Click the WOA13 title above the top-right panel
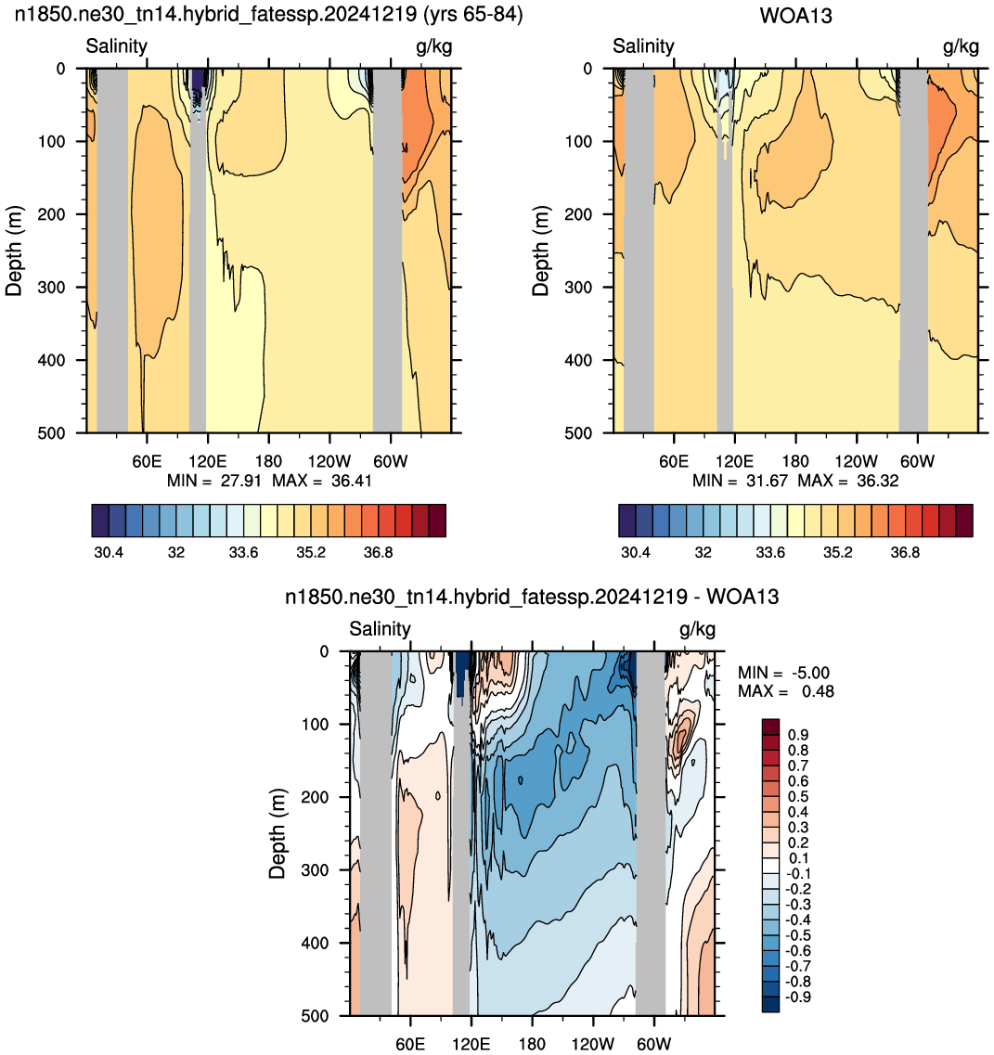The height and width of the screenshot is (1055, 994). coord(795,16)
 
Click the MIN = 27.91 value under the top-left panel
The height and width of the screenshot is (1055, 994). coord(214,481)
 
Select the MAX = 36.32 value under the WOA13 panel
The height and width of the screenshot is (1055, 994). coord(848,481)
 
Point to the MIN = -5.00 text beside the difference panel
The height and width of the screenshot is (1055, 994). coord(783,673)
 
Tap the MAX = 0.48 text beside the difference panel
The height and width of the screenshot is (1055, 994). coord(786,691)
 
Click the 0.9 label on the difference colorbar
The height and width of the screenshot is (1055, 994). coord(798,735)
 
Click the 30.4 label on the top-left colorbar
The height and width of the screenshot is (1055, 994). coord(109,553)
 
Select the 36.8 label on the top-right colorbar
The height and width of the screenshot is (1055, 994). coord(905,553)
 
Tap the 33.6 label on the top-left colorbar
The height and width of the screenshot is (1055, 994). coord(243,553)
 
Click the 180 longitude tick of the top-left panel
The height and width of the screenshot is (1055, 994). coord(268,461)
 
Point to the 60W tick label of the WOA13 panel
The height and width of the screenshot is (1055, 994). coord(917,461)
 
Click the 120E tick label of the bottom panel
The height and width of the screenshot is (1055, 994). coord(471,1044)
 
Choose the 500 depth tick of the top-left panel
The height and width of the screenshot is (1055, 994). coord(52,433)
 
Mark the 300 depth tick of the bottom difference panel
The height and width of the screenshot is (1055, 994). coord(315,870)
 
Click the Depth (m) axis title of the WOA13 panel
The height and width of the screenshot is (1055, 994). coord(540,251)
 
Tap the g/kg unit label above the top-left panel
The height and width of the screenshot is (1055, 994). coord(434,46)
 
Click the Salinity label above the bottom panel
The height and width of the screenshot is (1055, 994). coord(380,629)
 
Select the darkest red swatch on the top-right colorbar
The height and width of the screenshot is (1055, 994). coord(964,521)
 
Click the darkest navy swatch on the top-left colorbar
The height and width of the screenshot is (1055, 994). coord(100,521)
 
